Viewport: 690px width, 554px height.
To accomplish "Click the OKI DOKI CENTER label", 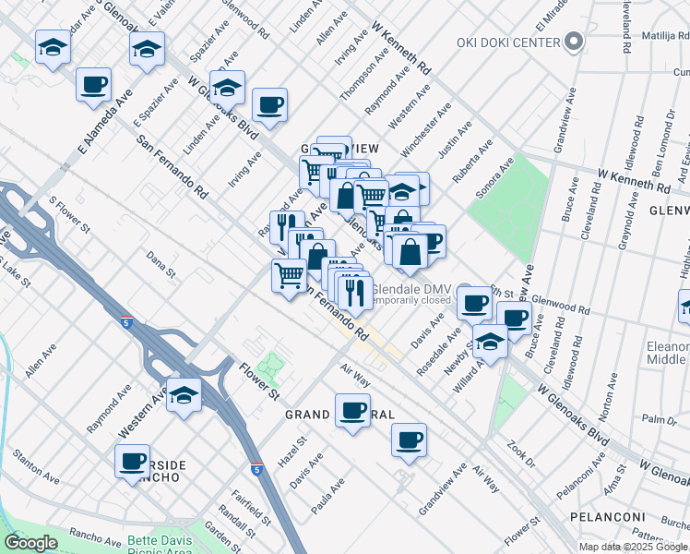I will click(508, 42).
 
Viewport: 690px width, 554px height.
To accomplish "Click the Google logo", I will click(30, 543).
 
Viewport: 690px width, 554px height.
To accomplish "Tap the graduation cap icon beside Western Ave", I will click(184, 396).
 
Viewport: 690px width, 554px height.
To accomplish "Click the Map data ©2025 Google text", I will click(633, 547).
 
